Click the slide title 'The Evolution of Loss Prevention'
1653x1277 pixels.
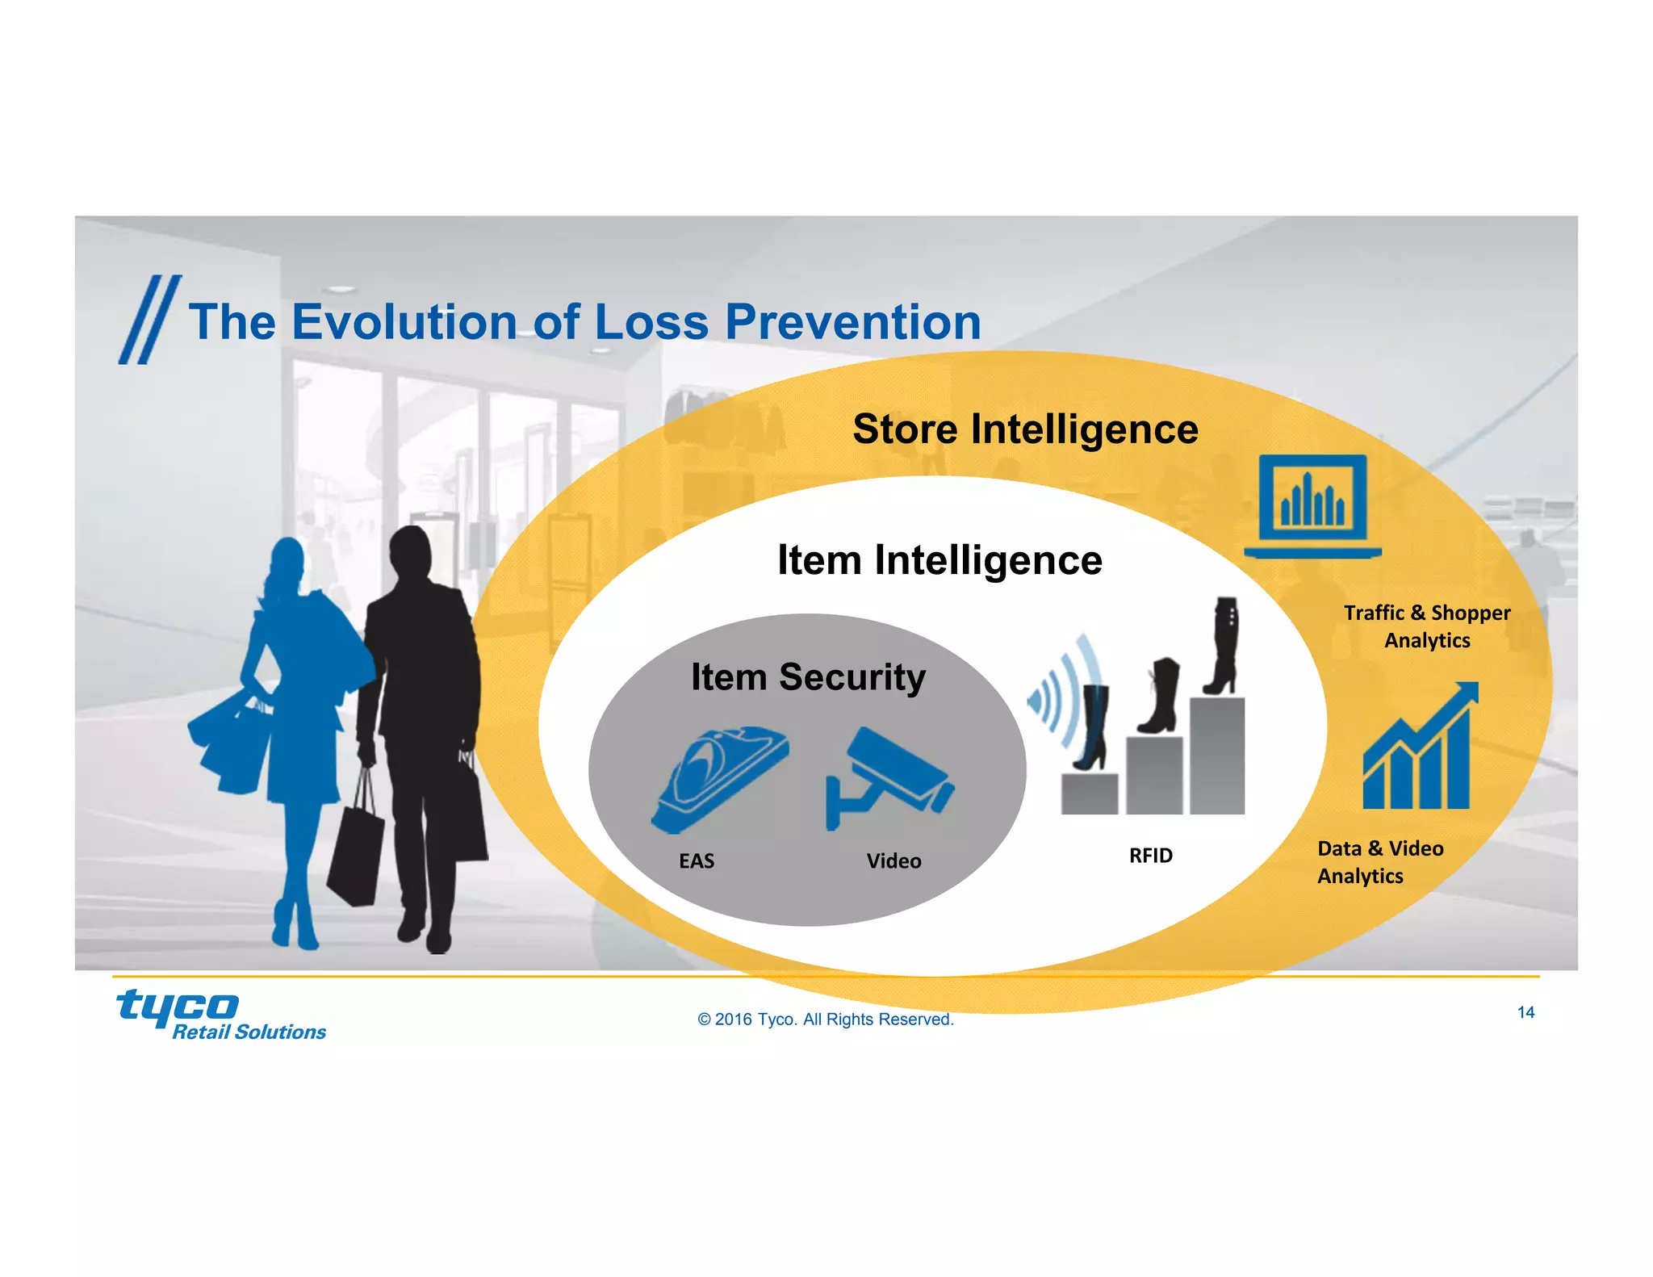tap(584, 322)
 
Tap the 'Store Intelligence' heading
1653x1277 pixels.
tap(1025, 429)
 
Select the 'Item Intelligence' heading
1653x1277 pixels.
tap(939, 560)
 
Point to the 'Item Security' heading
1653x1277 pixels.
tap(808, 676)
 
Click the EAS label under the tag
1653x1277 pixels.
tap(697, 860)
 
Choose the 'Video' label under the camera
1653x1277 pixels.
tap(893, 860)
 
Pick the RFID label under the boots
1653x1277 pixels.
tap(1150, 855)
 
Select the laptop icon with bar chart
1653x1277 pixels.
tap(1313, 506)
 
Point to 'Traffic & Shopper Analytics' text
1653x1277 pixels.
tap(1427, 626)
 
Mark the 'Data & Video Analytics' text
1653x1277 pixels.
tap(1379, 862)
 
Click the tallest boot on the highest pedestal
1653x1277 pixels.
tap(1222, 646)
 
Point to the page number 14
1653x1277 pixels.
tap(1525, 1012)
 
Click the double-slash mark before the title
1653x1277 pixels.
tap(150, 320)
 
